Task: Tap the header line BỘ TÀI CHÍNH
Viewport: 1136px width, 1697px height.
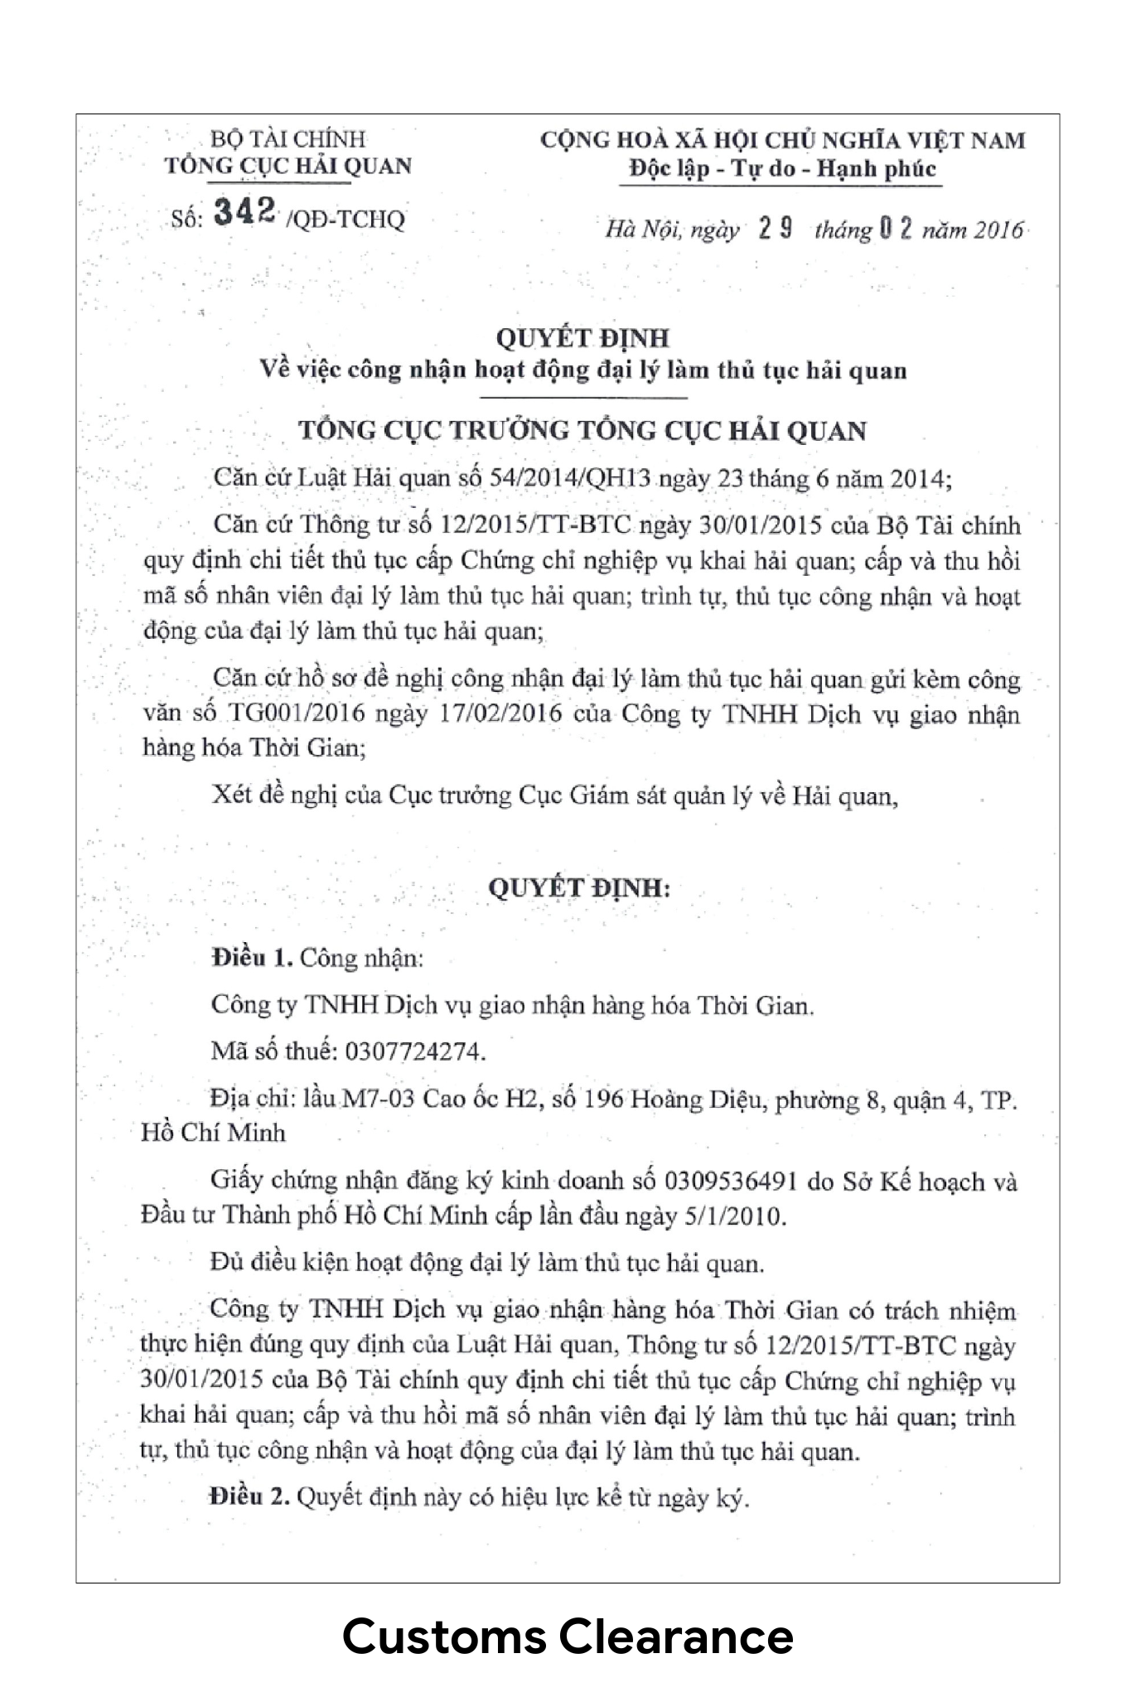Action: (x=288, y=138)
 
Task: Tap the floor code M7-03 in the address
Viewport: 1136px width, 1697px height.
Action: (x=379, y=1100)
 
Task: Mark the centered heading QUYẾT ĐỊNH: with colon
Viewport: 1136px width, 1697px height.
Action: (x=578, y=887)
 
